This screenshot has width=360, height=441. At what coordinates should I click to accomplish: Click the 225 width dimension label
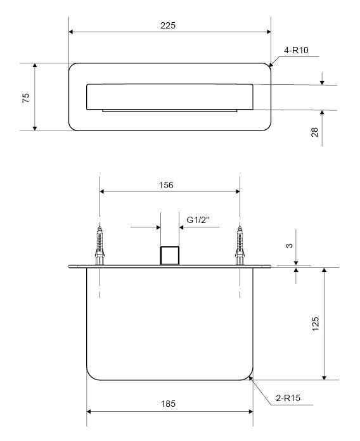tap(168, 25)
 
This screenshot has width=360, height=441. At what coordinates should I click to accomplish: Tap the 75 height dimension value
tap(26, 98)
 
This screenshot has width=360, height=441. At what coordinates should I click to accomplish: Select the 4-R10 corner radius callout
tap(296, 50)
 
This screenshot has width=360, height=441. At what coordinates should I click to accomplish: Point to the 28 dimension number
tap(315, 132)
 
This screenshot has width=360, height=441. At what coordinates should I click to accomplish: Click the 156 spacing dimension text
tap(166, 185)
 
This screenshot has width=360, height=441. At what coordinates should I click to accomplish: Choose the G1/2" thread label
tap(198, 220)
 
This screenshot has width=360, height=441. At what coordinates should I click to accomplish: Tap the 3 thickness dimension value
tap(289, 246)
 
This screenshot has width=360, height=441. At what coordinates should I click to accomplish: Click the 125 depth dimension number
tap(316, 324)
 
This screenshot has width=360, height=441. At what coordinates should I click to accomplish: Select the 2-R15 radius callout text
tap(288, 398)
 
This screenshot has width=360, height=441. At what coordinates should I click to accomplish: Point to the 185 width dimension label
tap(168, 404)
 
